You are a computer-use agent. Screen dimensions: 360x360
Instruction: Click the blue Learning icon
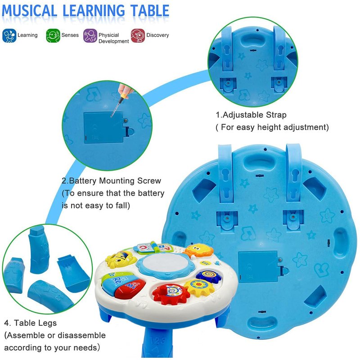tap(9, 36)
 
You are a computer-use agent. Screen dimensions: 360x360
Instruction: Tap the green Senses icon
tap(53, 36)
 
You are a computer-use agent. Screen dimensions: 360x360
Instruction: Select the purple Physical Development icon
tap(90, 36)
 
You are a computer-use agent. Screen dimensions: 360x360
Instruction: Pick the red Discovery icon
tap(138, 36)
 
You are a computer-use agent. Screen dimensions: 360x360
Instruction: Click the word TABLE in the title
tap(150, 10)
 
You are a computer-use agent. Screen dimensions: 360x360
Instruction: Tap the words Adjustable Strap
tap(254, 115)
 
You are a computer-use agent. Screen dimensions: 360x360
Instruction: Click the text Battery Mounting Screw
tap(115, 181)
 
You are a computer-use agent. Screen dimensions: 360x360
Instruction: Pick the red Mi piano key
tap(130, 288)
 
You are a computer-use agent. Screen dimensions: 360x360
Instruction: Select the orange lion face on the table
tap(198, 250)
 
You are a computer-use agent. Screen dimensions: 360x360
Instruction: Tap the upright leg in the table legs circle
tap(39, 249)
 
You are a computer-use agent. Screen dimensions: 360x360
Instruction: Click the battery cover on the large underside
tap(258, 267)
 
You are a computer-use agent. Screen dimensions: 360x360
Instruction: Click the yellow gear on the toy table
tap(199, 287)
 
